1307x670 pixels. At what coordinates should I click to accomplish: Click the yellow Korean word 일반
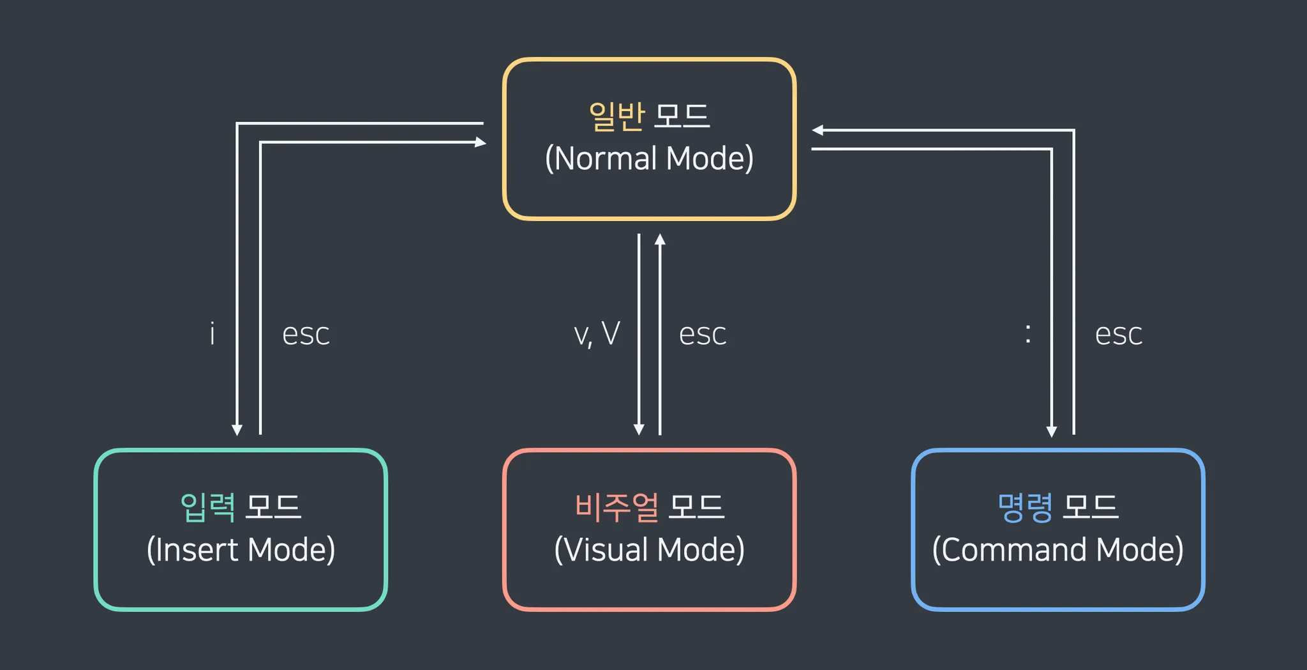(x=616, y=116)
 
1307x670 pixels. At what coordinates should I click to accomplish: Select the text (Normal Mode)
(x=649, y=158)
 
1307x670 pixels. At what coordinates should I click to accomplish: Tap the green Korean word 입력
(x=208, y=508)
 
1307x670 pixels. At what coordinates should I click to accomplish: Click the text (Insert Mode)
(x=241, y=550)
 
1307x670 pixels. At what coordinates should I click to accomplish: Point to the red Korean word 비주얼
(x=616, y=508)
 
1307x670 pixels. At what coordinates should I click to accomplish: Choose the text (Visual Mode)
(x=649, y=550)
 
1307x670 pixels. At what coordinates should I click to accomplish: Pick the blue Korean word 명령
(x=1025, y=508)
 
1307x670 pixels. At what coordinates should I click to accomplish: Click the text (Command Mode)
(x=1057, y=550)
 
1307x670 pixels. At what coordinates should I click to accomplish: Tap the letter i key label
(x=213, y=334)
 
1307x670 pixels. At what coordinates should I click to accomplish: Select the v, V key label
(x=597, y=334)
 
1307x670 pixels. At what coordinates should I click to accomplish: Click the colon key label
(x=1027, y=333)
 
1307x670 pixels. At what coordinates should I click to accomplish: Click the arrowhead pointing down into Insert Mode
(x=237, y=430)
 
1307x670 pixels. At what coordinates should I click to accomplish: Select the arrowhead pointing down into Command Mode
(x=1052, y=431)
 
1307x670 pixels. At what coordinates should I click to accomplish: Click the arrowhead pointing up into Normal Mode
(x=660, y=240)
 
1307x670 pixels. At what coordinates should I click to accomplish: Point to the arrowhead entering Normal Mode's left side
(x=481, y=142)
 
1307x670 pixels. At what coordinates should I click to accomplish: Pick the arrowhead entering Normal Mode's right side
(x=818, y=130)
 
